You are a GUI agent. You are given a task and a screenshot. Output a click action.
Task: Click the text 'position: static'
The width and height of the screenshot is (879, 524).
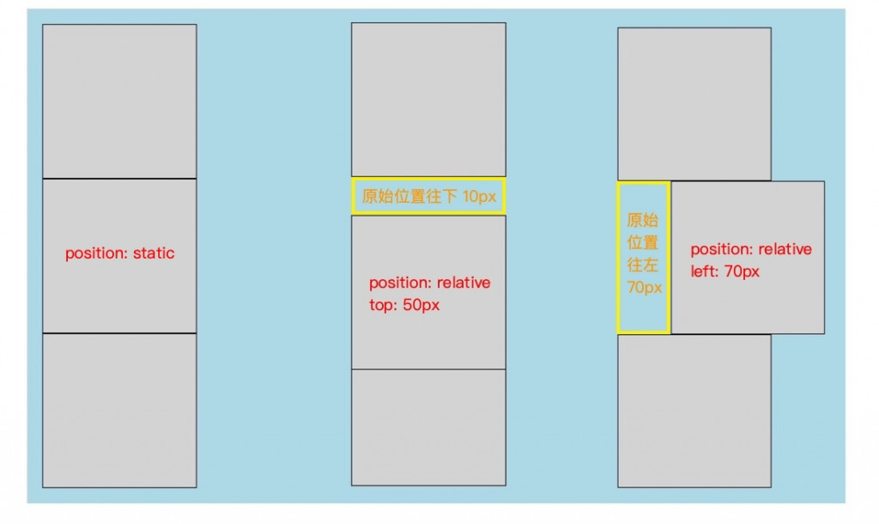pos(119,253)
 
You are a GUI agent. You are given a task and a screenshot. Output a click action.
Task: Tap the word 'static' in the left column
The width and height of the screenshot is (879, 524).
pos(154,253)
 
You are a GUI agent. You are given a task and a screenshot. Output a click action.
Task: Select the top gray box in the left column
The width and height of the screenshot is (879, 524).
pos(119,101)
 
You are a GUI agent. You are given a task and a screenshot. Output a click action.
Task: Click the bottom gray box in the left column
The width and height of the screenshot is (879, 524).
pos(119,410)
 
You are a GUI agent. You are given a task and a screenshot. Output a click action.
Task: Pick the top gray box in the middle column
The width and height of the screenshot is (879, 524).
pos(428,100)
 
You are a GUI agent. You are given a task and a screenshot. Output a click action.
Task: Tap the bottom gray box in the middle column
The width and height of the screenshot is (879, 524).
pos(428,427)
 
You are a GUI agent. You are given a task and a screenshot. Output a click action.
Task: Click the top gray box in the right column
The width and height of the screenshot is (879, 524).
pos(694,104)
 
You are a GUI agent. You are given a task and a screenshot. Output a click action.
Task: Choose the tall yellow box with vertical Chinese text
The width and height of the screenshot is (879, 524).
pos(643,257)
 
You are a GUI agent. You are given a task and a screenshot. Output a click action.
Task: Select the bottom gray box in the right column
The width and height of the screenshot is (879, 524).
pos(694,411)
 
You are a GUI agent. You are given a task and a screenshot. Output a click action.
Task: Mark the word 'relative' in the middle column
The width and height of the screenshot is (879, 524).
pos(464,283)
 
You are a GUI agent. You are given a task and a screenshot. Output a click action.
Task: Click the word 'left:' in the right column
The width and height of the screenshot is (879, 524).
pos(707,271)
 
